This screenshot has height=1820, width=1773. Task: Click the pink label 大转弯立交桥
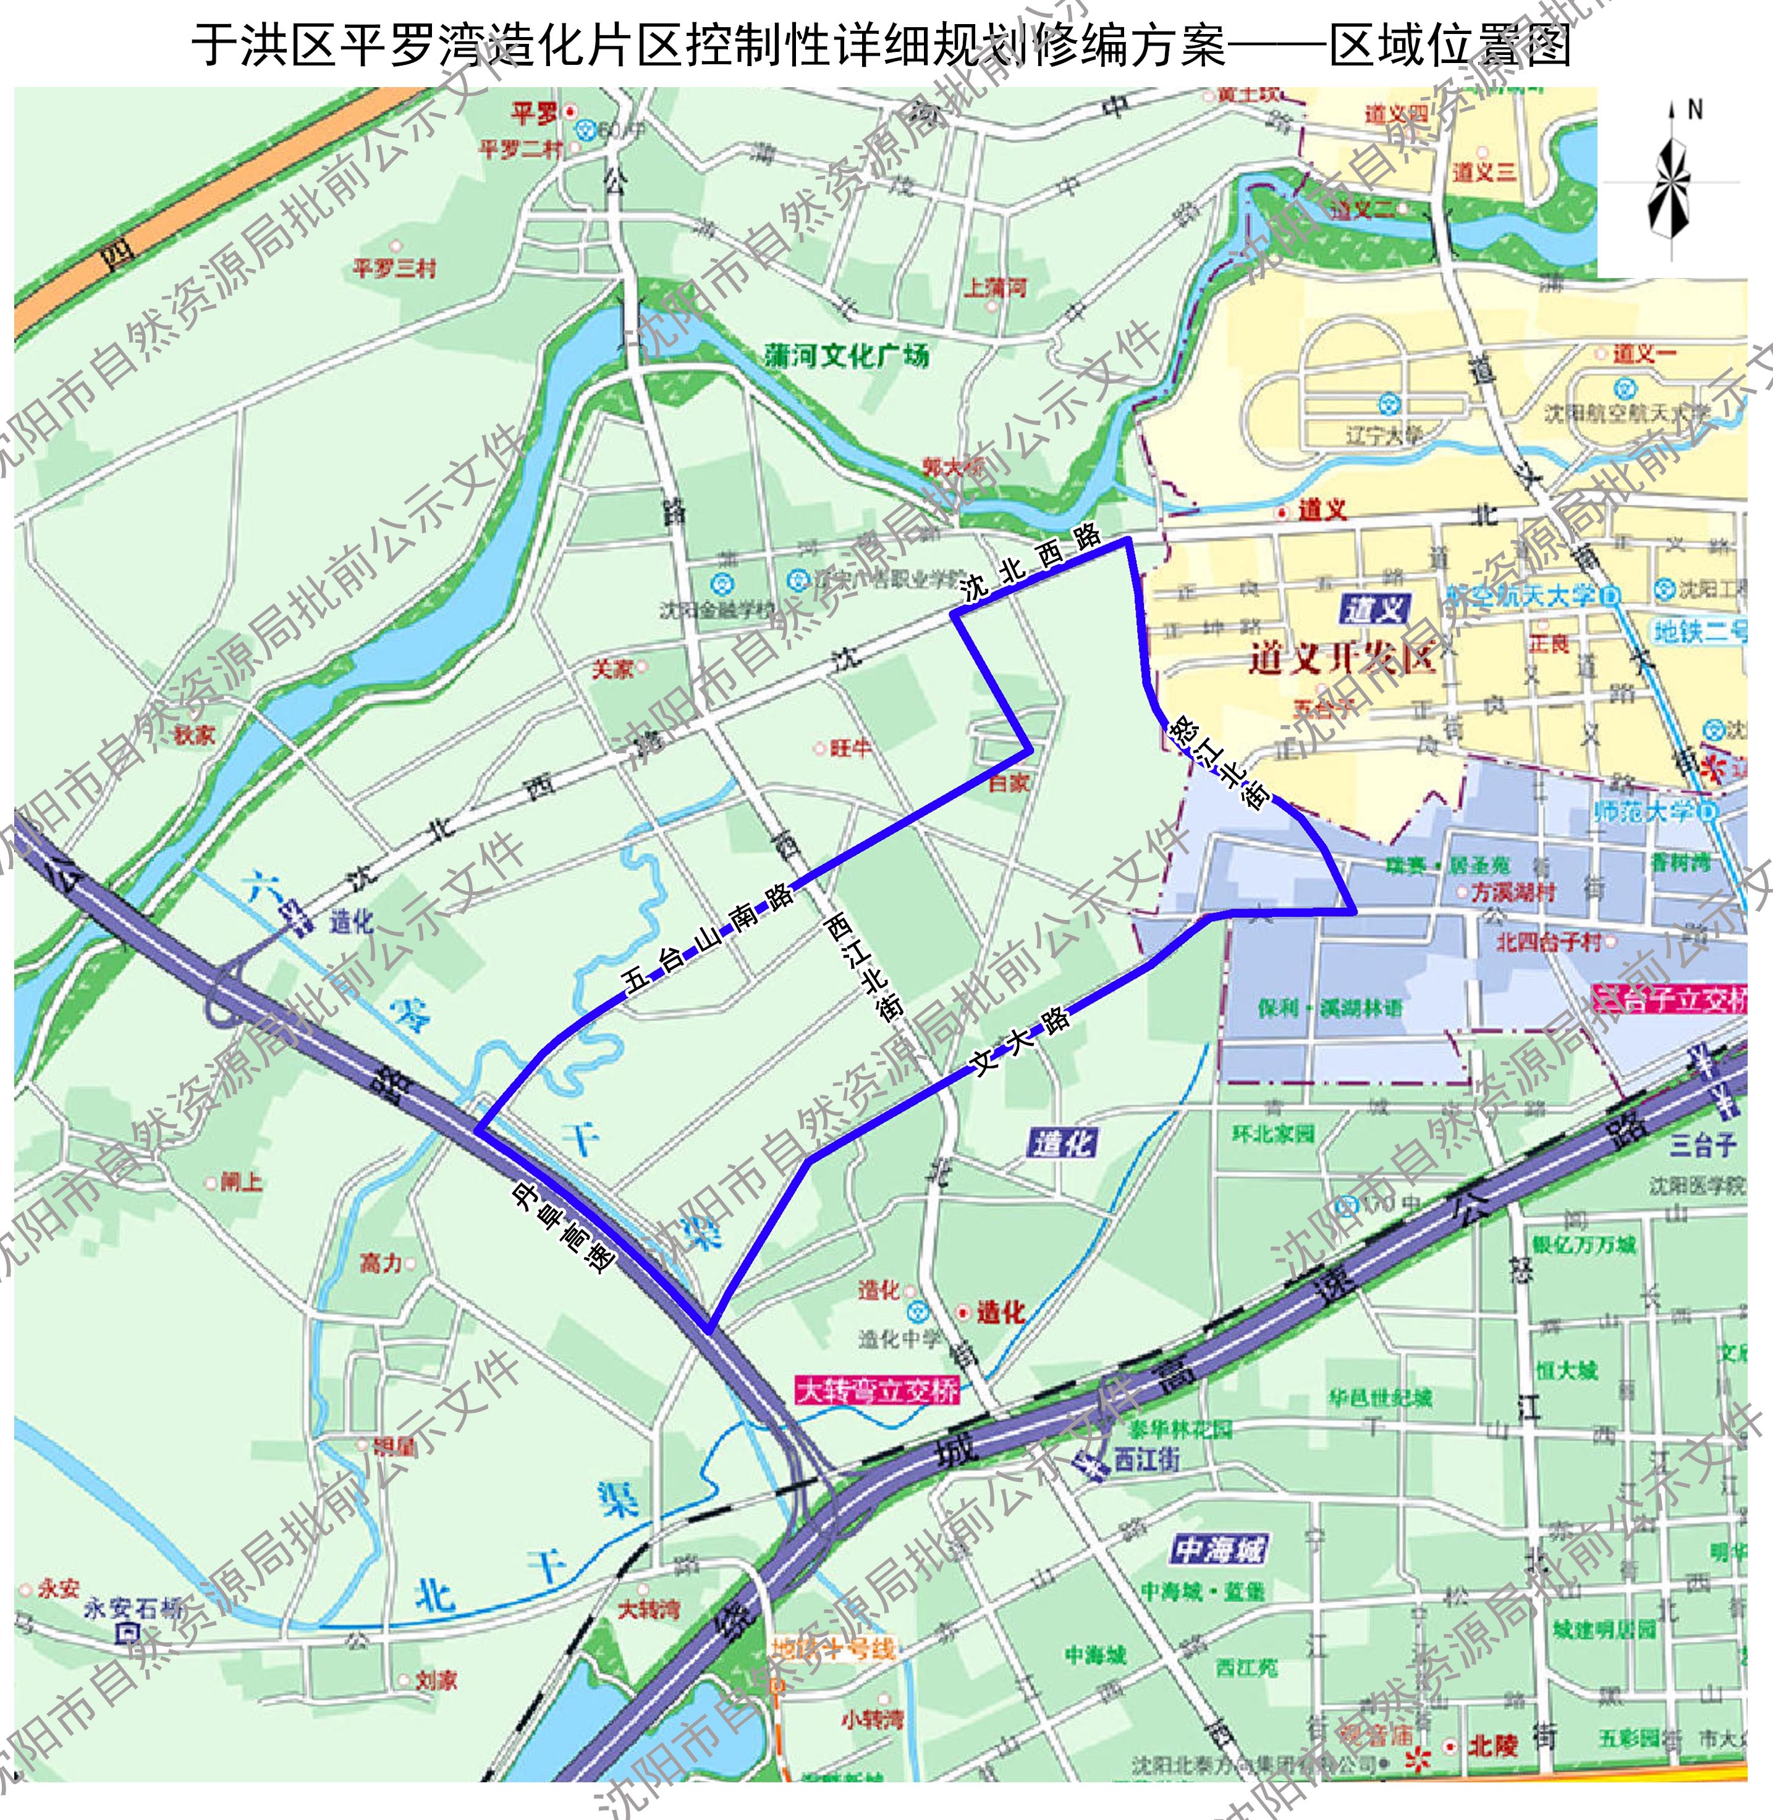pyautogui.click(x=877, y=1391)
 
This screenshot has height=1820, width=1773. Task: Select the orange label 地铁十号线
pyautogui.click(x=834, y=1649)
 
